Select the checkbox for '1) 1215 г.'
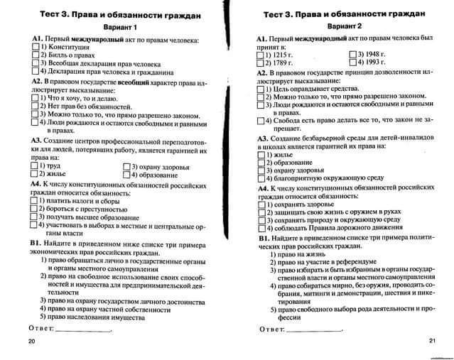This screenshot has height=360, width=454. pos(261,55)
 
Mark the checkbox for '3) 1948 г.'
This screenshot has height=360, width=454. pos(353,54)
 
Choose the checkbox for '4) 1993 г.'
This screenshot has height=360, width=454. pos(353,63)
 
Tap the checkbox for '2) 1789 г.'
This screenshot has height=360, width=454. pos(261,63)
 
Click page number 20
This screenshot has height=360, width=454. pos(31,342)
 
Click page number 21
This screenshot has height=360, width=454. pos(433,342)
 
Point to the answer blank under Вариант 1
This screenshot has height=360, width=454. pos(84,331)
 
